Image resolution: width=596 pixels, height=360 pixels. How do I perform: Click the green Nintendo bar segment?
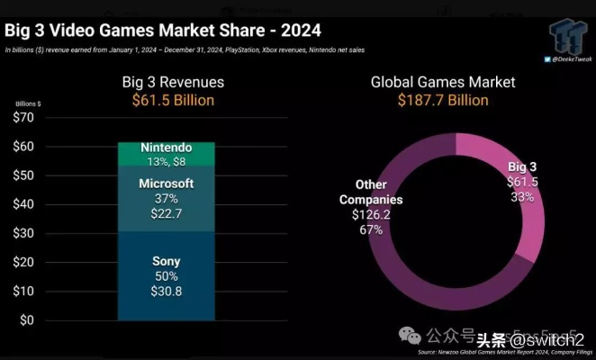pyautogui.click(x=167, y=153)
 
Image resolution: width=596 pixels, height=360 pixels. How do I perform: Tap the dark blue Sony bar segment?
pyautogui.click(x=167, y=275)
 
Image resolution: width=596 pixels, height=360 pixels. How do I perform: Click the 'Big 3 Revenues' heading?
pyautogui.click(x=173, y=82)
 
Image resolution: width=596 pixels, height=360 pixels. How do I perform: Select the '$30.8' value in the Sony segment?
pyautogui.click(x=167, y=292)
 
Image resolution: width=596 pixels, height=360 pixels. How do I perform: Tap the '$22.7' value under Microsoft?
pyautogui.click(x=167, y=213)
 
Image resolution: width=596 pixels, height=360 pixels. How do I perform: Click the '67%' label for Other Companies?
pyautogui.click(x=371, y=229)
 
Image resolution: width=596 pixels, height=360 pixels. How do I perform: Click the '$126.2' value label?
pyautogui.click(x=371, y=215)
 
